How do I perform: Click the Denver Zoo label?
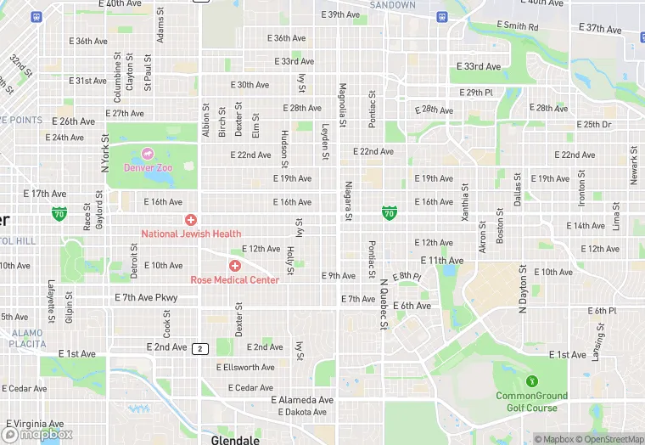click(149, 167)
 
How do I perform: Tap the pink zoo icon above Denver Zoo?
click(149, 154)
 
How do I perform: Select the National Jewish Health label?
click(191, 234)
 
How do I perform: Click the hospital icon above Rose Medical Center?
click(234, 267)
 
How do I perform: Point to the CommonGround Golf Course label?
click(532, 402)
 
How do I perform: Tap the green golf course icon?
click(532, 382)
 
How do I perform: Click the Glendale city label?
click(234, 440)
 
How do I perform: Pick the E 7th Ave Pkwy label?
click(146, 298)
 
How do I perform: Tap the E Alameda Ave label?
click(302, 399)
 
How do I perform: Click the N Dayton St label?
click(523, 289)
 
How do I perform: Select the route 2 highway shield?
click(200, 348)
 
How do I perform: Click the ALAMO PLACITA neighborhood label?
click(27, 339)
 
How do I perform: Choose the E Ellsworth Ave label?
click(245, 368)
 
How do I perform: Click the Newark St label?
click(634, 165)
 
